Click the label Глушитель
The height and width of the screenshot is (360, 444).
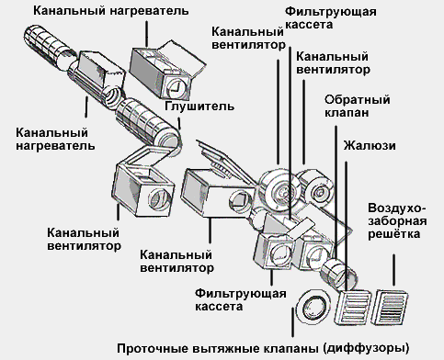coord(199,107)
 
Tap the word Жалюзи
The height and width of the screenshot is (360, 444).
coord(370,145)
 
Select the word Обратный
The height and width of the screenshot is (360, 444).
coord(358,100)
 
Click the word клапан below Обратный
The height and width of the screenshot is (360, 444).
coord(347,113)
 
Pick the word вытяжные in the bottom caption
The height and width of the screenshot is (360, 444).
coord(227,348)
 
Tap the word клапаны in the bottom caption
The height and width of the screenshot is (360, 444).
coord(290,348)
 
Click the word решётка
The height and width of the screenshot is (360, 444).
coord(393,234)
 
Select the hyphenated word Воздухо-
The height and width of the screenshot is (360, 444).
coord(397,208)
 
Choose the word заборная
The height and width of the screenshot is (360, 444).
coord(397,221)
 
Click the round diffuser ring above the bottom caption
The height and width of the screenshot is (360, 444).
coord(313,305)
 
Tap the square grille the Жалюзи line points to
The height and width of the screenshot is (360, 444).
coord(354,307)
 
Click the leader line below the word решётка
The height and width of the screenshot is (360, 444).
coord(394,270)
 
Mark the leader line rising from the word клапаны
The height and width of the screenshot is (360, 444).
coord(293,322)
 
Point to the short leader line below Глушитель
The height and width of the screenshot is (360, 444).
coord(179,123)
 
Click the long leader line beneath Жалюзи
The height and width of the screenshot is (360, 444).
coord(347,226)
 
